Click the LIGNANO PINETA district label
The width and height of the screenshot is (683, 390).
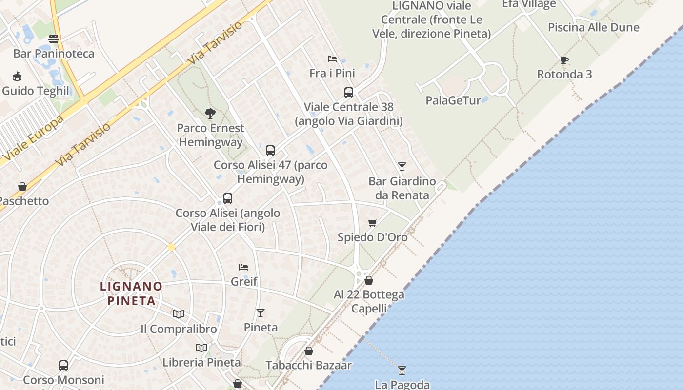(131, 293)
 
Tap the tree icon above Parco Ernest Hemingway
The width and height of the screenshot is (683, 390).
(210, 114)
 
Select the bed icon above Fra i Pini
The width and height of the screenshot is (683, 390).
(332, 59)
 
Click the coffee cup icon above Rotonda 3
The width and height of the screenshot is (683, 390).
(564, 60)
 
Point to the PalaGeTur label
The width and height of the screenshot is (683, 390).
(453, 100)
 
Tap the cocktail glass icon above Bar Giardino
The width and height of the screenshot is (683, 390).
(402, 167)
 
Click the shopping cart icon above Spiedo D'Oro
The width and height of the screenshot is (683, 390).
(373, 223)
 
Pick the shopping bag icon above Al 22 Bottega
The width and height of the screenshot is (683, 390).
(369, 280)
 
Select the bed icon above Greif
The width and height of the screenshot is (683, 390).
(243, 267)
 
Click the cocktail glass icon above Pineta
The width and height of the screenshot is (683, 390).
(261, 313)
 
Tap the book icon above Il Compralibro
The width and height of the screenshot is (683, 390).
(179, 314)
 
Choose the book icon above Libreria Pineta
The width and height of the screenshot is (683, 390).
(201, 348)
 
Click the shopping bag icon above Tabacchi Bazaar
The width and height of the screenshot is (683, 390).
(309, 351)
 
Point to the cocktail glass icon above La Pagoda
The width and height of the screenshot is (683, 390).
(402, 370)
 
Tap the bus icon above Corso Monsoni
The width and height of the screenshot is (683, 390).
(63, 365)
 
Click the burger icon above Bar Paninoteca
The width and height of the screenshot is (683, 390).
(54, 39)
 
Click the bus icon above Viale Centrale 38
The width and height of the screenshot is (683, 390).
(349, 93)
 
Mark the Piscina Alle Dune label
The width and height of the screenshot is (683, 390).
(593, 27)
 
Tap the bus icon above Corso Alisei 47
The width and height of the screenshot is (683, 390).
(270, 151)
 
